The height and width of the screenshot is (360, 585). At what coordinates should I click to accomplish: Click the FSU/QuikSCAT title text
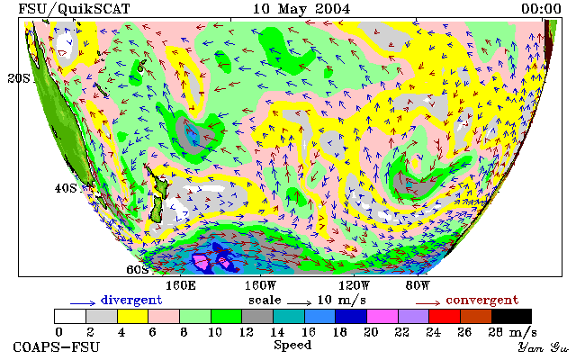[74, 9]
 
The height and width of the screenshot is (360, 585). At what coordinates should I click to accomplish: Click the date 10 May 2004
[301, 9]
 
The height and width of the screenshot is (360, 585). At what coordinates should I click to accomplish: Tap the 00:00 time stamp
[541, 9]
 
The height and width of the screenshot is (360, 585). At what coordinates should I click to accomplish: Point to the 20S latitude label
[19, 78]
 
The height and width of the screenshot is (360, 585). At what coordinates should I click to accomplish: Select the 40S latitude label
[66, 188]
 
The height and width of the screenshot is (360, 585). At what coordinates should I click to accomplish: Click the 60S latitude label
[138, 269]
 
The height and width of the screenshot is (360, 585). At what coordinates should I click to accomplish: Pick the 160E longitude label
[181, 286]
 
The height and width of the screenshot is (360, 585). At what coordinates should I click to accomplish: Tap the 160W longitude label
[260, 286]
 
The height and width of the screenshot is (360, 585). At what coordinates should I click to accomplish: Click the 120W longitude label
[354, 286]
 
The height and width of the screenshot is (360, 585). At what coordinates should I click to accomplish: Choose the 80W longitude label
[418, 286]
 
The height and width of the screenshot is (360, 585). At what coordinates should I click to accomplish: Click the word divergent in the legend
[131, 301]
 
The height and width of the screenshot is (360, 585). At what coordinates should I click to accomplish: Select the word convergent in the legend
[482, 301]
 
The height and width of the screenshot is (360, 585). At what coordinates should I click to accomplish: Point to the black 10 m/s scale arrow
[299, 303]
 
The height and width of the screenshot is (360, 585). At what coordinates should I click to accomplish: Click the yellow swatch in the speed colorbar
[133, 316]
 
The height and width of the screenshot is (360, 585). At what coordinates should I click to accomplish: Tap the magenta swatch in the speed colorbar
[382, 316]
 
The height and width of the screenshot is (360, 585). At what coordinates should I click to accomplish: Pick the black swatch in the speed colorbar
[511, 316]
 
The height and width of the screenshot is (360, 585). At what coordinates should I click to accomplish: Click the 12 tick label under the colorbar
[247, 332]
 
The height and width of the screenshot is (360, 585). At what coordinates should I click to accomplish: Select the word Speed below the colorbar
[292, 345]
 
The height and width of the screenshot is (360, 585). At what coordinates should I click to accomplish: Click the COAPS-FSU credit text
[57, 347]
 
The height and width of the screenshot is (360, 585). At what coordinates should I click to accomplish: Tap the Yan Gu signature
[544, 348]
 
